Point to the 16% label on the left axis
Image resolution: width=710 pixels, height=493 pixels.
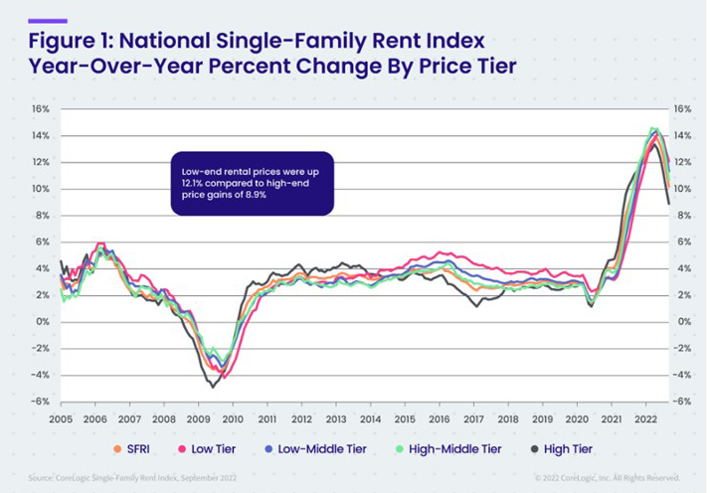point(40,109)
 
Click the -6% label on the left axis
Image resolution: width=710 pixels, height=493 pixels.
point(40,402)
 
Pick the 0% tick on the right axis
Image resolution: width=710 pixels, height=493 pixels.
point(680,322)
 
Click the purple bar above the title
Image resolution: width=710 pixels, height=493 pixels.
point(48,20)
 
